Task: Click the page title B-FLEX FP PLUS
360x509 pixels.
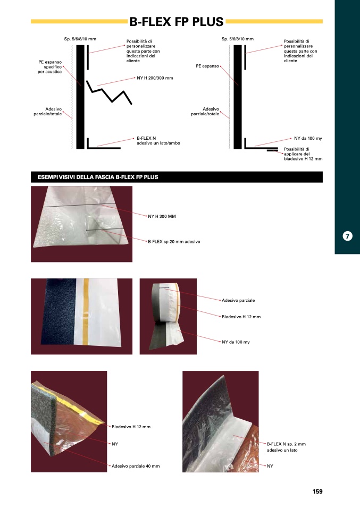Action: [177, 22]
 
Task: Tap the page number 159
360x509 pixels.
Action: [317, 491]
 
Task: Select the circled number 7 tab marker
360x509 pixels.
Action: [347, 236]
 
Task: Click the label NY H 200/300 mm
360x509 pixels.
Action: [155, 78]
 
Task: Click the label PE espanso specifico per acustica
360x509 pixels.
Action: [49, 67]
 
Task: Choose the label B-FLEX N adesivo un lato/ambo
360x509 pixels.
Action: [158, 141]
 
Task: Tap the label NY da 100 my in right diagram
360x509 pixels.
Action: [308, 138]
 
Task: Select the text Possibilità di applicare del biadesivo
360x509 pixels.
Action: [303, 154]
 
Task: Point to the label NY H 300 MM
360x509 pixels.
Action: [162, 216]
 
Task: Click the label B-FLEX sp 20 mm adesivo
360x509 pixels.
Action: [174, 242]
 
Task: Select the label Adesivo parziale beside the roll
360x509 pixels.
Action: [238, 300]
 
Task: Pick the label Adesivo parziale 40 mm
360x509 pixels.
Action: [136, 466]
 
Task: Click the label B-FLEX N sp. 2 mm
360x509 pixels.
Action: [286, 444]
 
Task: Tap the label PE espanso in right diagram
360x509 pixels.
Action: [207, 66]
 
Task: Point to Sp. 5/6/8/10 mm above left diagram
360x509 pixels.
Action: [80, 39]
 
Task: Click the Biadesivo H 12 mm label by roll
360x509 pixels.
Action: [241, 317]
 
